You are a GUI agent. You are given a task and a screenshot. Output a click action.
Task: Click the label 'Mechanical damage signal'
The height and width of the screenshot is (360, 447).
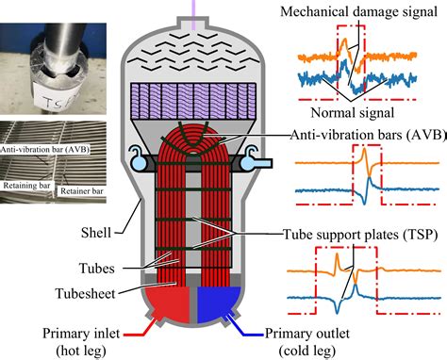(359, 13)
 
